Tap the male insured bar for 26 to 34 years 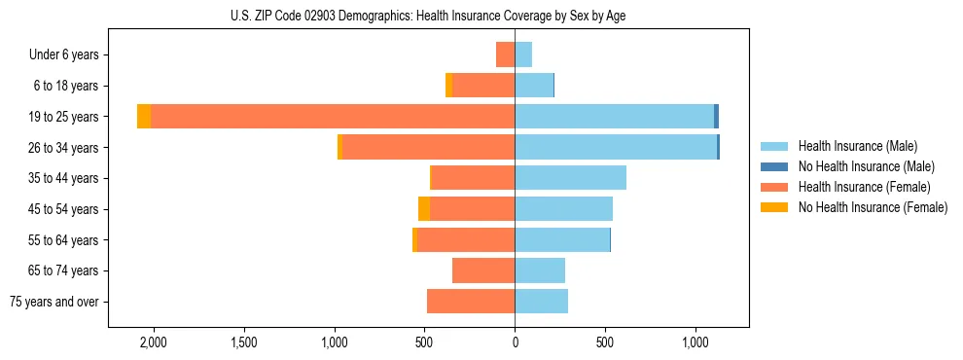point(616,147)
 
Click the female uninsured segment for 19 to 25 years point(144,117)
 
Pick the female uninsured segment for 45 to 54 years point(424,209)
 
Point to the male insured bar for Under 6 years point(523,54)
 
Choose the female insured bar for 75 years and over point(471,302)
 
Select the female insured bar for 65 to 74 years point(483,270)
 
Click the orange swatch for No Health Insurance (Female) point(774,207)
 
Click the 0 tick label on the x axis point(515,342)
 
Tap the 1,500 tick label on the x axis point(243,342)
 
